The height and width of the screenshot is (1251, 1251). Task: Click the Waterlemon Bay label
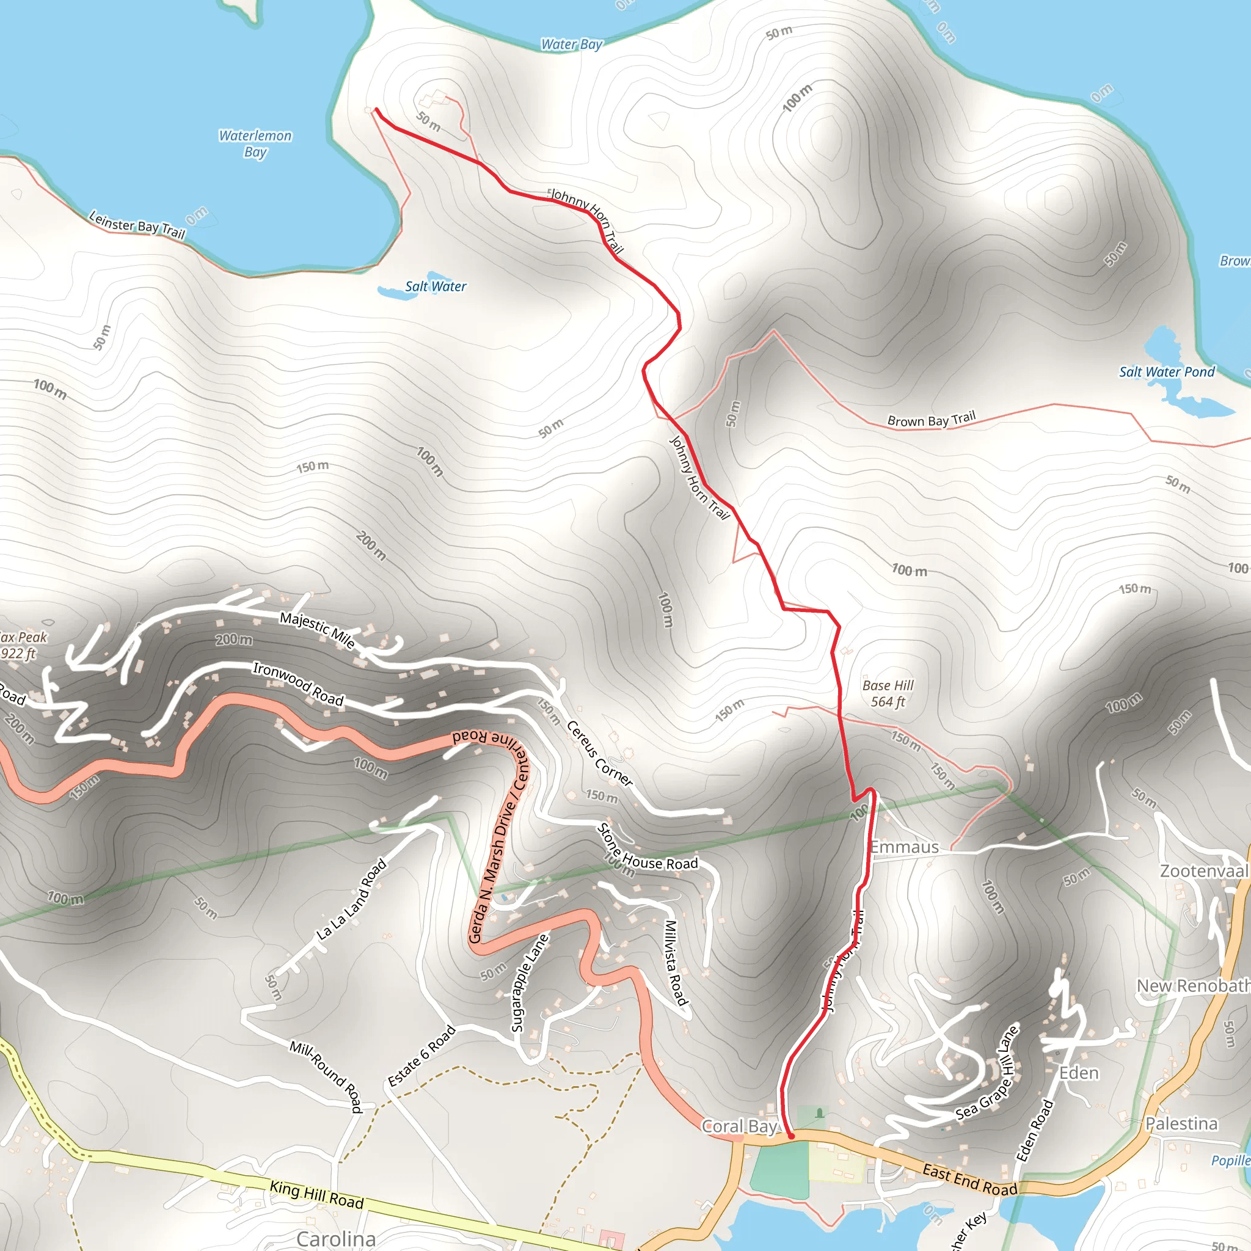[x=255, y=144]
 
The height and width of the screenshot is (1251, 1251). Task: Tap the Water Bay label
[x=571, y=44]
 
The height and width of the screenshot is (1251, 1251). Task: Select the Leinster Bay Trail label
[x=137, y=225]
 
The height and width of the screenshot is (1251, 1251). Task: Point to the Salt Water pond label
[x=435, y=286]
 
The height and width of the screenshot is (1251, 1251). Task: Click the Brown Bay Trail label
[x=931, y=420]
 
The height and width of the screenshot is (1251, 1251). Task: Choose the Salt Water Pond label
[x=1167, y=371]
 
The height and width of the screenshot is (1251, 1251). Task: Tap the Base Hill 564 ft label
[x=887, y=693]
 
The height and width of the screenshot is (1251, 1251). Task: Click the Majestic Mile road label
[x=317, y=630]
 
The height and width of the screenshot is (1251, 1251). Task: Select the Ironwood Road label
[x=298, y=684]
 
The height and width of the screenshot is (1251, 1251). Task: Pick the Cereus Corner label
[x=600, y=753]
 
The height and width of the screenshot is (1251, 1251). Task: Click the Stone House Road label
[x=647, y=849]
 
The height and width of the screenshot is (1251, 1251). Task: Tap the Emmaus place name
[x=904, y=847]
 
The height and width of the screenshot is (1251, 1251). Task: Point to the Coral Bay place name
[x=739, y=1126]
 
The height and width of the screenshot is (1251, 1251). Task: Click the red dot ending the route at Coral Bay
[x=791, y=1136]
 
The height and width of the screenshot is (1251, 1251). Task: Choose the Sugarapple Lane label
[x=530, y=983]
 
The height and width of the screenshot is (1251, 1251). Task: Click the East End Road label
[x=969, y=1180]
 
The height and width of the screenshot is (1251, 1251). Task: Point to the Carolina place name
[x=335, y=1239]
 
